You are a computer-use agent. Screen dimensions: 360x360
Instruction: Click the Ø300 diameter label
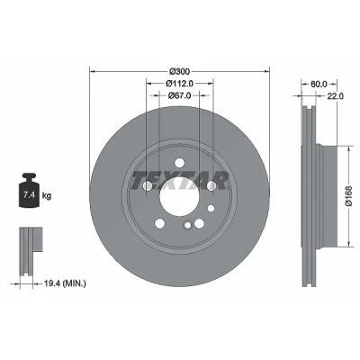point(179,71)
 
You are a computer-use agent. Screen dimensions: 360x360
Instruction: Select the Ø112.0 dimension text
point(179,83)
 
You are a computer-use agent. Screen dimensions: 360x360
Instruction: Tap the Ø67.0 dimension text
point(179,95)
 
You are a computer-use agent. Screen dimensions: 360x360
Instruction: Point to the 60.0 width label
point(319,85)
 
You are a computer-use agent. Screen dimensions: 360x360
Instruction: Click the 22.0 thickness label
point(335,96)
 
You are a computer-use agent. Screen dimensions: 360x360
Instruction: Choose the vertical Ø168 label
point(350,196)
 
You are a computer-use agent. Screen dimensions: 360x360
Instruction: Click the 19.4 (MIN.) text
point(65,283)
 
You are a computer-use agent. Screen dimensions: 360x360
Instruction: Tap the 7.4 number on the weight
point(29,195)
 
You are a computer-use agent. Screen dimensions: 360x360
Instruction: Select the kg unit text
point(47,196)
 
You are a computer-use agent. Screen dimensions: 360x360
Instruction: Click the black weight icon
point(29,190)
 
